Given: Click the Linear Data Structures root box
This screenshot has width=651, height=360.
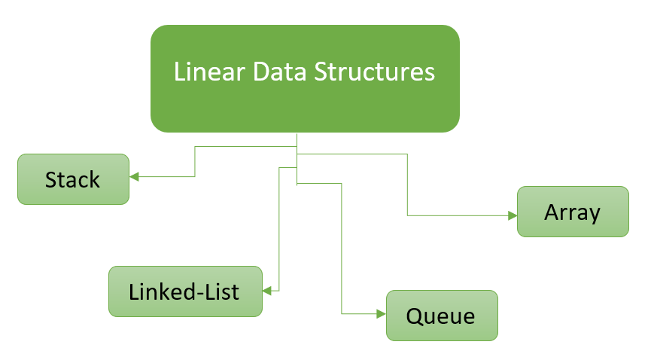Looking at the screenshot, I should tap(305, 78).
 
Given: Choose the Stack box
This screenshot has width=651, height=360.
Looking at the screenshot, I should tap(73, 179).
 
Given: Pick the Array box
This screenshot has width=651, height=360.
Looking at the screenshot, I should tap(573, 212).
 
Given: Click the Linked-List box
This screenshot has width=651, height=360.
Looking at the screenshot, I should tap(185, 291).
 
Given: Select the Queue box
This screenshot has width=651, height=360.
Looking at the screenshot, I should tap(442, 315).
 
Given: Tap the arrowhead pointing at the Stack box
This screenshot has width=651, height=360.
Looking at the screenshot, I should tap(135, 177).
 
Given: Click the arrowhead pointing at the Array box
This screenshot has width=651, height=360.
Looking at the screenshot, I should tap(513, 215).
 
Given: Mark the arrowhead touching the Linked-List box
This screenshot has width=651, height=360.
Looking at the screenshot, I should tap(266, 290).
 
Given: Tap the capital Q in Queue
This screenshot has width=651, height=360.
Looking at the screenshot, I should tap(415, 315).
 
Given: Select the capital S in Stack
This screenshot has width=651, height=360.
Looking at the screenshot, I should tap(51, 180).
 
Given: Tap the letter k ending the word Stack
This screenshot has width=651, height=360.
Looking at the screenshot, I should tap(94, 180).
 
